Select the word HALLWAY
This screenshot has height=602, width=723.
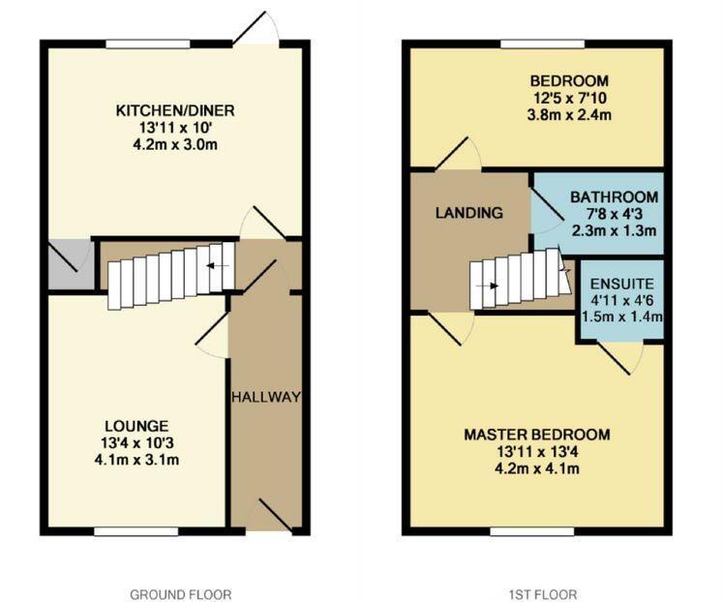266,397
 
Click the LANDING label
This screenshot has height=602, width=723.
468,213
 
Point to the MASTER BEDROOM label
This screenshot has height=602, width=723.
536,435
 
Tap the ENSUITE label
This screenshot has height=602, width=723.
622,284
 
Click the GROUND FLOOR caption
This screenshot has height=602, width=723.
181,594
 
